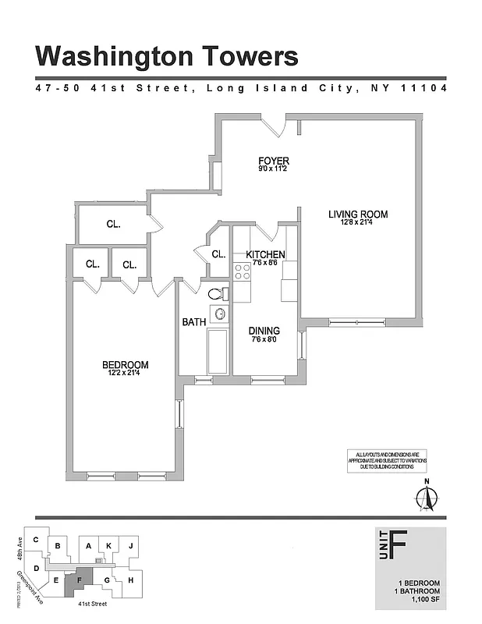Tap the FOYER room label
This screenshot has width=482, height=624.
pos(274,161)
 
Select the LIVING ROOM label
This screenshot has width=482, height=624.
pos(357,214)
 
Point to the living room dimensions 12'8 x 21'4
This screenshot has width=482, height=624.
pos(357,223)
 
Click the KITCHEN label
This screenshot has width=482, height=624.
pos(265,254)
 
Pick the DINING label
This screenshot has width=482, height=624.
pos(264,331)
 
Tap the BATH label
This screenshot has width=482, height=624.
pos(193,321)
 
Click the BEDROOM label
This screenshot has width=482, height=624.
pos(125,364)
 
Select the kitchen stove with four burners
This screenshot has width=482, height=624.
pos(242,271)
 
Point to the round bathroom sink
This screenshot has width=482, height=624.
pos(220,314)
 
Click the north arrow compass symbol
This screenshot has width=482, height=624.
pos(427,496)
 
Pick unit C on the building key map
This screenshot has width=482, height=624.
pos(35,540)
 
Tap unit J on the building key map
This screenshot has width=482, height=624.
pos(131,546)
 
